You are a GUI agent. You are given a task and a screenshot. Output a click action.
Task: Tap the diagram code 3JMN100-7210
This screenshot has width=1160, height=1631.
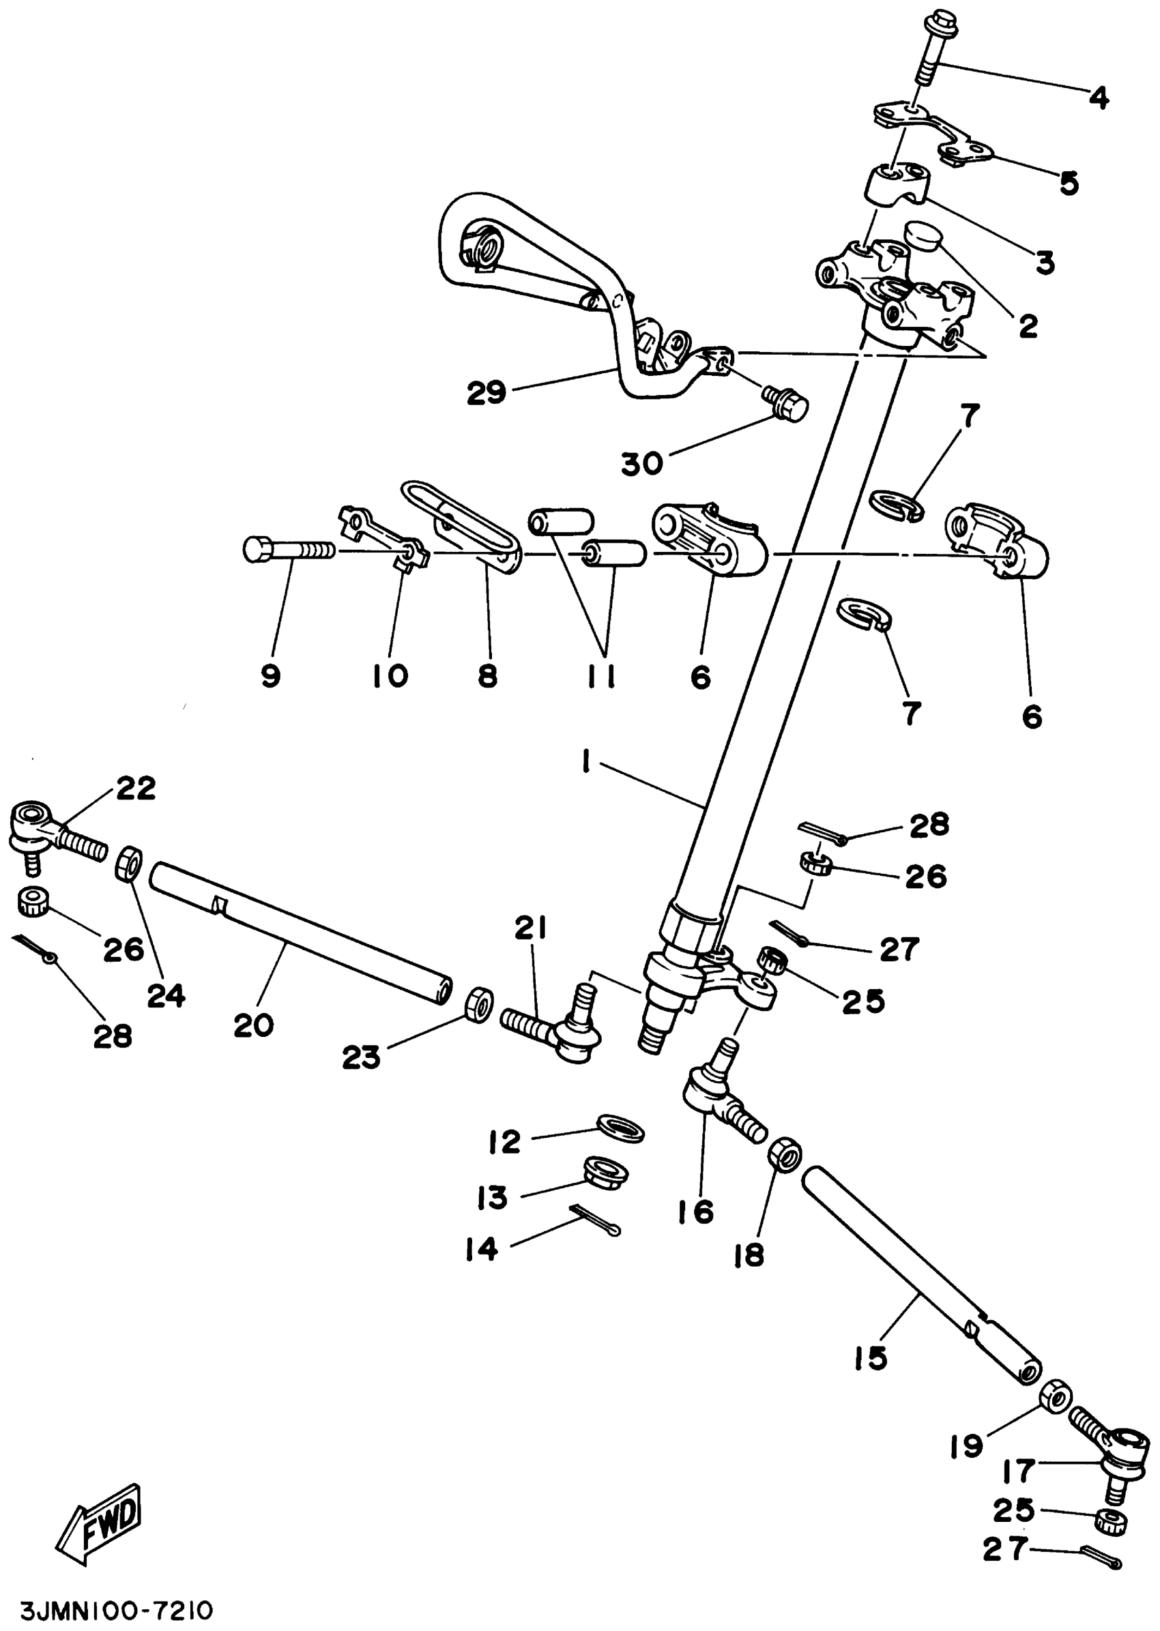pos(117,1611)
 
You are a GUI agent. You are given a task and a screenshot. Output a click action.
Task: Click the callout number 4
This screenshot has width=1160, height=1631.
pos(1099,97)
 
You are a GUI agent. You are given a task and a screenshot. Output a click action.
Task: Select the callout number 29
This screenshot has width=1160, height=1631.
pos(487,393)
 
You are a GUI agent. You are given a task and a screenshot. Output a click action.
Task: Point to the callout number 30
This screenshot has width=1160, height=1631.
pos(641,464)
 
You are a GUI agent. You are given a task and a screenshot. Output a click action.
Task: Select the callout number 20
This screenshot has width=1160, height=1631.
pos(254,1025)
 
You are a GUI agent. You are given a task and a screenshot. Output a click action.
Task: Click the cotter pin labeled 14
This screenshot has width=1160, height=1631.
pos(596,1220)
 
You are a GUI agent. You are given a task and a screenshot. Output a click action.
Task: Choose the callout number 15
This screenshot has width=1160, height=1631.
pos(870,1357)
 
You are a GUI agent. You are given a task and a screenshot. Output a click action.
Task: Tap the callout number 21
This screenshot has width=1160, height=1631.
pos(530,928)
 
